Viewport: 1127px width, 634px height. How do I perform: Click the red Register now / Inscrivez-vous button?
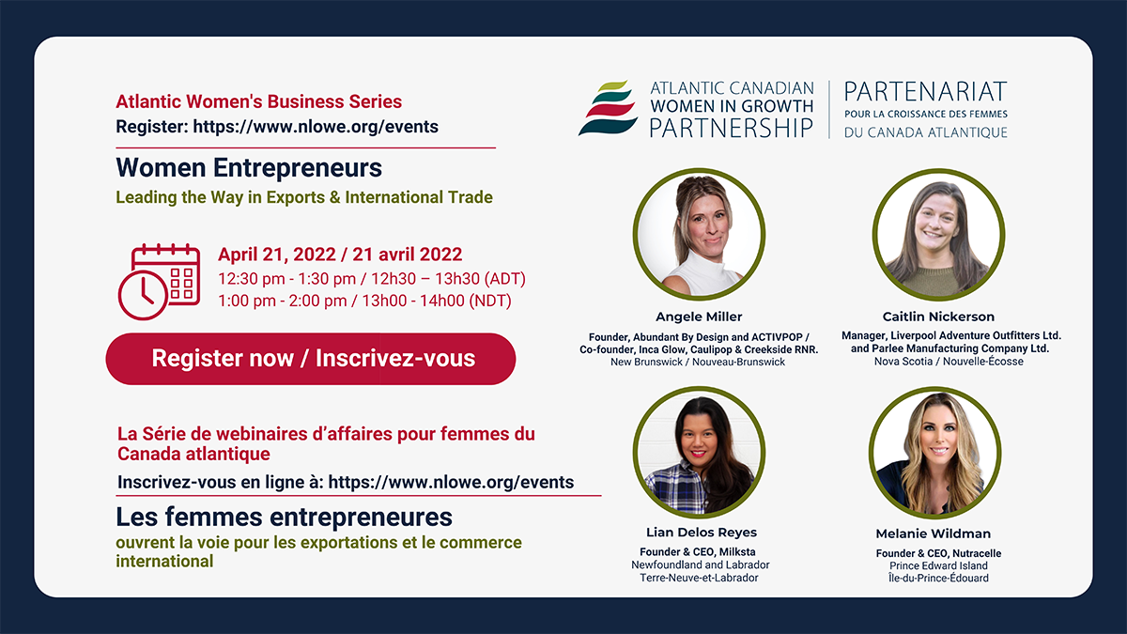click(311, 359)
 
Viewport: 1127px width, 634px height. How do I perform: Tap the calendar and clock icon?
click(159, 282)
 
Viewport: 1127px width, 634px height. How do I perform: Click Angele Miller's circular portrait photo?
click(700, 235)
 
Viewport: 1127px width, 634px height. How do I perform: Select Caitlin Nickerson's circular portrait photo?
click(939, 235)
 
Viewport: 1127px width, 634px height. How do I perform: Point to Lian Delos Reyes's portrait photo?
click(700, 452)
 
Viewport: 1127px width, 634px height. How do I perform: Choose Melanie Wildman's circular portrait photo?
click(934, 453)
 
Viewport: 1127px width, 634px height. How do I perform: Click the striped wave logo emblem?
click(608, 108)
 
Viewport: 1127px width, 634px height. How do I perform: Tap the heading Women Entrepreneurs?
click(249, 168)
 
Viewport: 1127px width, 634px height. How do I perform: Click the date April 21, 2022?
click(277, 255)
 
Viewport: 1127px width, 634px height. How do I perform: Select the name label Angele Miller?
click(699, 317)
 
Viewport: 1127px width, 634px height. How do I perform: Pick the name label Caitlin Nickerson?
click(938, 317)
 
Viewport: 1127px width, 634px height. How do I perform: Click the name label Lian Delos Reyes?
click(702, 533)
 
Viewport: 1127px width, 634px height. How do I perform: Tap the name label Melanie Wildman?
click(934, 533)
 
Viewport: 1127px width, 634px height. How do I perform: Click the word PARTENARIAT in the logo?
click(926, 92)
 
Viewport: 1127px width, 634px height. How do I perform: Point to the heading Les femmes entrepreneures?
click(285, 518)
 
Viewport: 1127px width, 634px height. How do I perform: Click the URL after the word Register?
click(316, 127)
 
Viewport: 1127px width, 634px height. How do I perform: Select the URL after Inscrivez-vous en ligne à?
click(451, 482)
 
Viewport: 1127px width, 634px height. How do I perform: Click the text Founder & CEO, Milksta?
click(697, 552)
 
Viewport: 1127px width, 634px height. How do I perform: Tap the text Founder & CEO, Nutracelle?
click(938, 553)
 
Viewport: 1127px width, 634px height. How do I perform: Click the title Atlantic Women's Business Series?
click(258, 101)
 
